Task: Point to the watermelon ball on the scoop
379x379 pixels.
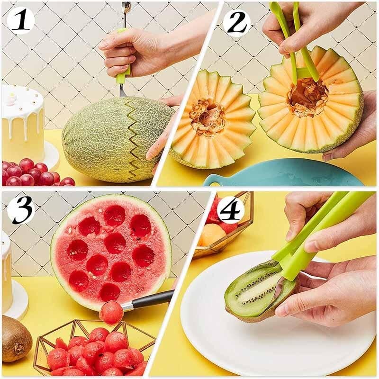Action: click(x=111, y=313)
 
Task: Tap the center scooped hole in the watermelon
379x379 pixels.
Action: click(x=115, y=243)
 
